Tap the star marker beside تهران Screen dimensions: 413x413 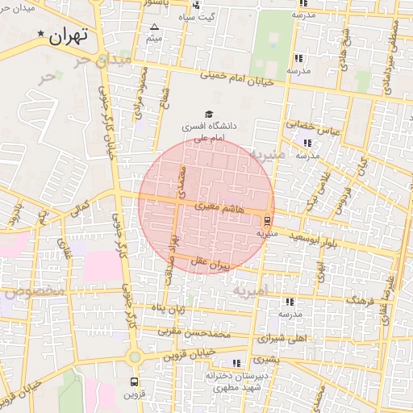(x=41, y=33)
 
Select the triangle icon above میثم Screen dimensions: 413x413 (x=155, y=27)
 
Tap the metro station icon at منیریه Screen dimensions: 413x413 (x=267, y=219)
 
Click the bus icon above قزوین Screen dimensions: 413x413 (x=134, y=381)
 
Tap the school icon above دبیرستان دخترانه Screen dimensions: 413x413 (x=236, y=363)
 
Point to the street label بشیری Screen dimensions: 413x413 (x=265, y=357)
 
